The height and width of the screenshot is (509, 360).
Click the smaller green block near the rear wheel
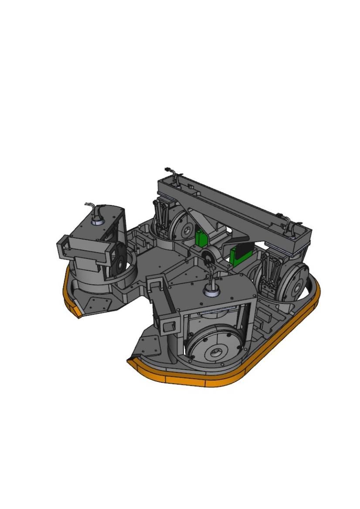(201, 238)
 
